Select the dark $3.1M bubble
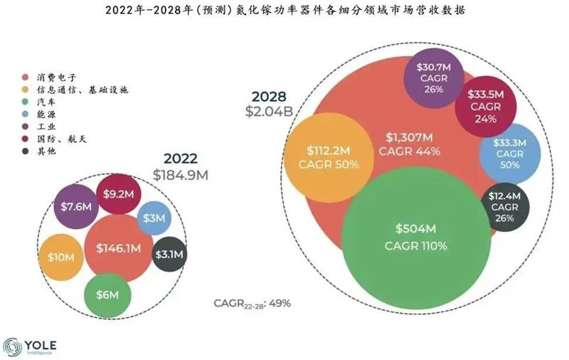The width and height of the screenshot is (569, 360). click(169, 254)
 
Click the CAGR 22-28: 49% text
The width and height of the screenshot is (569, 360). click(252, 305)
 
